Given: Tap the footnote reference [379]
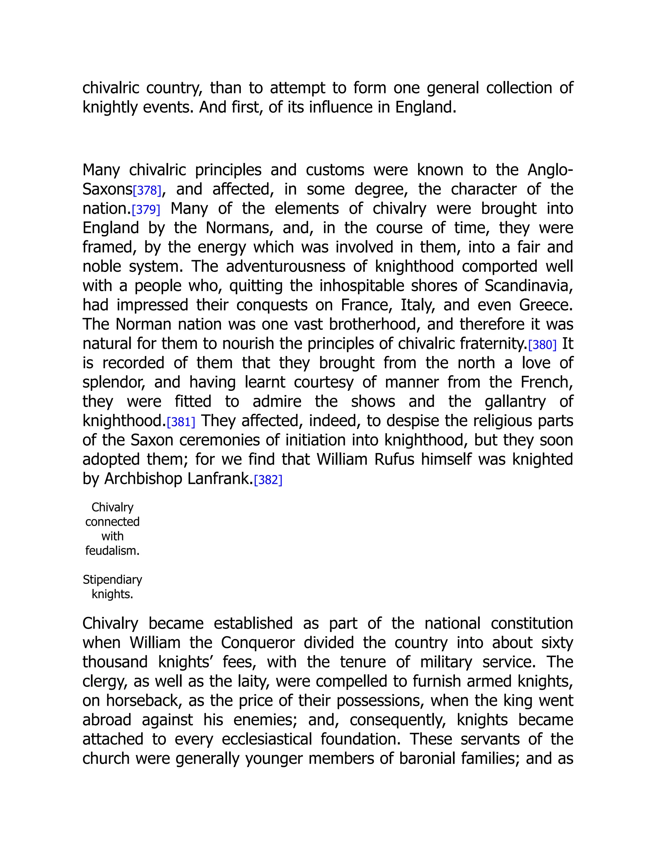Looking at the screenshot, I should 146,210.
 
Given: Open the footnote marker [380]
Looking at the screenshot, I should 542,345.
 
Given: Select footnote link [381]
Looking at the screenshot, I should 181,422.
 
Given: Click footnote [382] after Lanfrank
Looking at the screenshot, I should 268,480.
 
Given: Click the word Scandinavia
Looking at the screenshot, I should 528,286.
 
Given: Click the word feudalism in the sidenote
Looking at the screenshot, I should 112,551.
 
